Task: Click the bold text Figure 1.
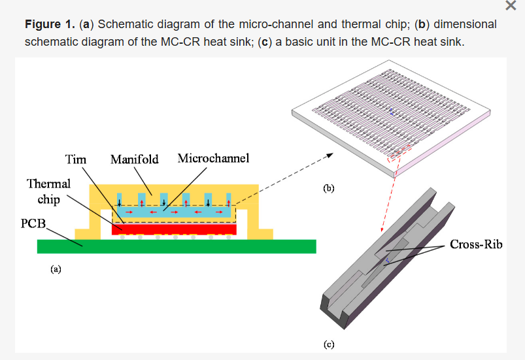[50, 25]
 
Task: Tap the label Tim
[76, 159]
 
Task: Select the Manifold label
[134, 159]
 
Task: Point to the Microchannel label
[213, 159]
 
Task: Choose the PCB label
[33, 223]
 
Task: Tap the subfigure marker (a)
[56, 268]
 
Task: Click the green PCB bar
[177, 246]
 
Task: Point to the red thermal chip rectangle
[173, 229]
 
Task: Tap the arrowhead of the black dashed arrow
[330, 155]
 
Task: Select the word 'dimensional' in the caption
[465, 25]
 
